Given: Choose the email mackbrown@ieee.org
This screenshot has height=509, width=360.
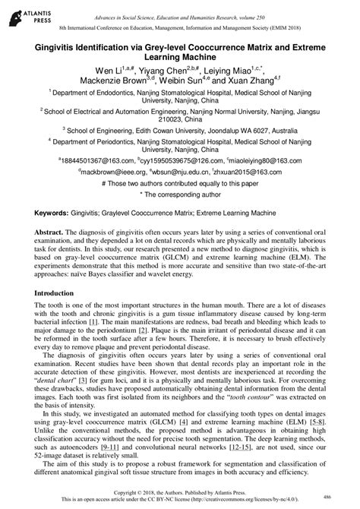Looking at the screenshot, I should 94,172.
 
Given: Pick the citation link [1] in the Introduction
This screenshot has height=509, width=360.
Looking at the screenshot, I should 92,322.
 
